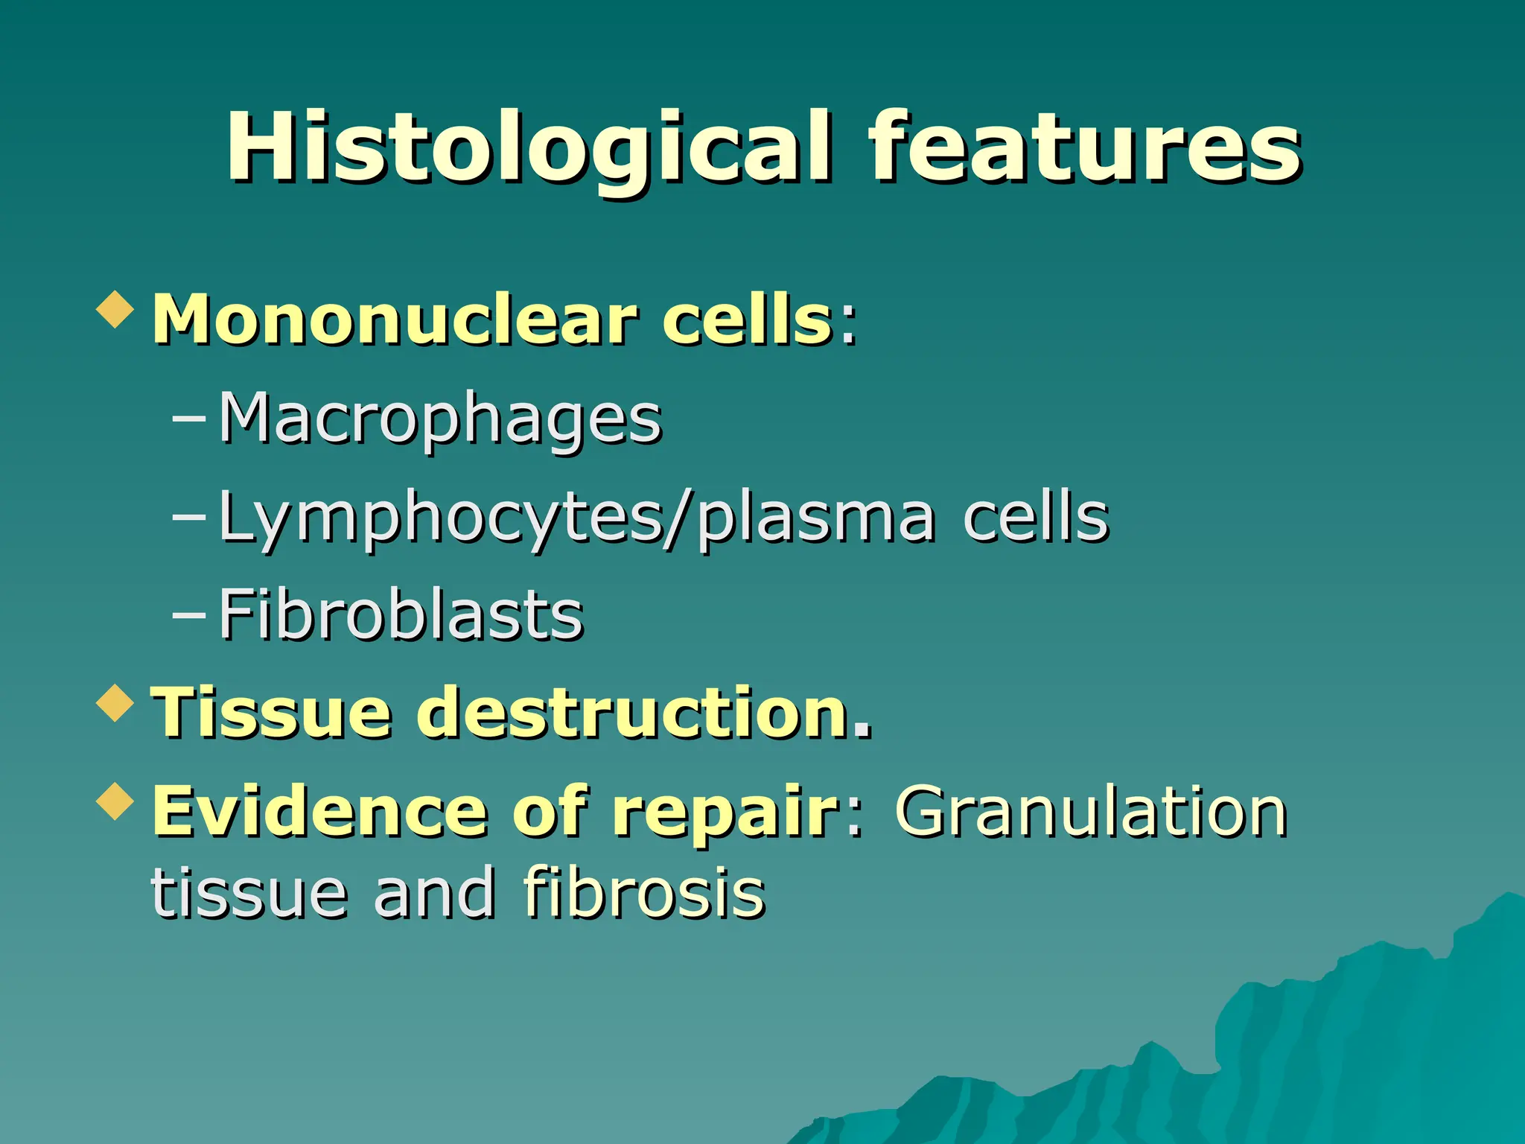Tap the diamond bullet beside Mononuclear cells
click(116, 308)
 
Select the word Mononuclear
click(395, 320)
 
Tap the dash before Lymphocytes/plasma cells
click(188, 515)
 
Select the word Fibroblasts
click(401, 615)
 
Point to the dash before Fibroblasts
click(188, 614)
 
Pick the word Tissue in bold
click(272, 713)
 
